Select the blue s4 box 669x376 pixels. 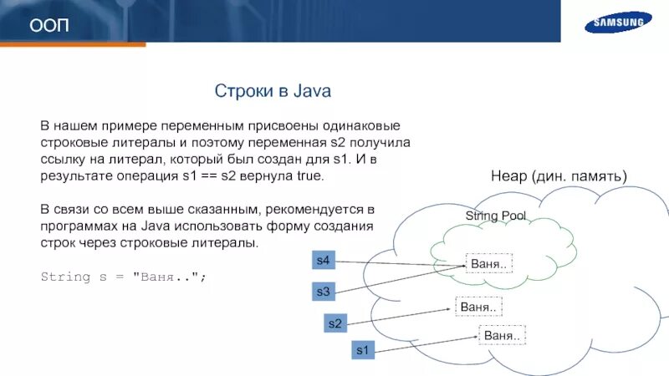click(x=324, y=261)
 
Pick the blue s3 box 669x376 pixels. click(x=324, y=292)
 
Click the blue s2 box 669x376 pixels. click(x=334, y=323)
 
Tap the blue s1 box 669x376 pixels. click(x=362, y=351)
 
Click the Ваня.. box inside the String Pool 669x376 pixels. click(x=488, y=264)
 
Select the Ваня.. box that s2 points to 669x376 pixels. click(x=478, y=307)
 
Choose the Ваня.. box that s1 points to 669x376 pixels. click(x=502, y=335)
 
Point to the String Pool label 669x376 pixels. click(x=496, y=216)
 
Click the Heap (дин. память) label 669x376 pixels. click(x=558, y=176)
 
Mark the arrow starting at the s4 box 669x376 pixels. click(x=393, y=263)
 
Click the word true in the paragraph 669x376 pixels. click(x=309, y=177)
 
